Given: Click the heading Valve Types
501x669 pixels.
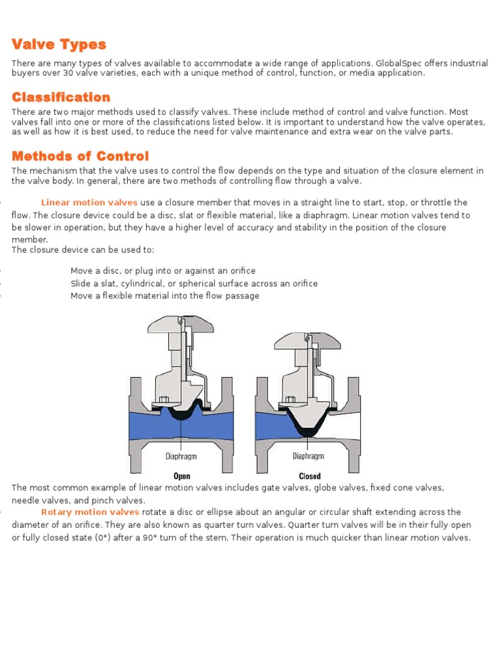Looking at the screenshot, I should pyautogui.click(x=59, y=44).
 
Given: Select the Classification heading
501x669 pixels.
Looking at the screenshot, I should pyautogui.click(x=61, y=97).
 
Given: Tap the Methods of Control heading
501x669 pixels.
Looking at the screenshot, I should pyautogui.click(x=80, y=156).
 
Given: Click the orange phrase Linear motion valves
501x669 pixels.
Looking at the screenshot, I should pyautogui.click(x=89, y=203).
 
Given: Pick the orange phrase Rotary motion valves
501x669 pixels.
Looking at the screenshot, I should pyautogui.click(x=90, y=512).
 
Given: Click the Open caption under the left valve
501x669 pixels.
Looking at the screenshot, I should pyautogui.click(x=181, y=476).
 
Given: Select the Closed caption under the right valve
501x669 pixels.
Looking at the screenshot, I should pyautogui.click(x=310, y=476).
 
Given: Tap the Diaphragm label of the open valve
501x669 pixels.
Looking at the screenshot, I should pyautogui.click(x=181, y=457).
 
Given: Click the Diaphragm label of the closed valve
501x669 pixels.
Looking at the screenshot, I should pyautogui.click(x=308, y=456).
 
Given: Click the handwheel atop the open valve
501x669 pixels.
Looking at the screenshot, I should pyautogui.click(x=181, y=324).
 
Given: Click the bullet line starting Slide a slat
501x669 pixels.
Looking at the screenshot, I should pyautogui.click(x=194, y=284).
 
